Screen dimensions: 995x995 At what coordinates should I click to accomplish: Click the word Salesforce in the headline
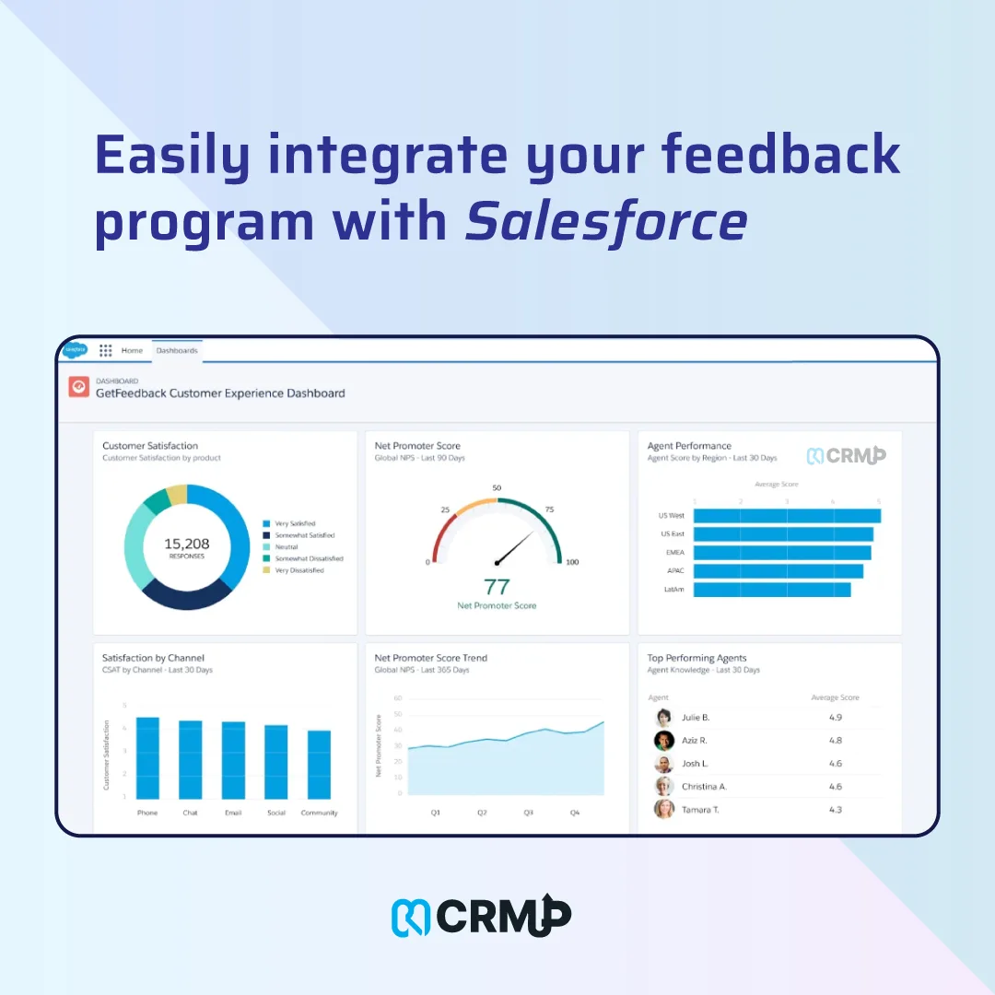605,222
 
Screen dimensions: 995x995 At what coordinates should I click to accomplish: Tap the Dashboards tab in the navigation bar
176,351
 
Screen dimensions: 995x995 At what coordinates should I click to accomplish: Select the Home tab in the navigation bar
132,351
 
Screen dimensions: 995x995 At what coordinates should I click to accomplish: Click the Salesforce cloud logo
76,350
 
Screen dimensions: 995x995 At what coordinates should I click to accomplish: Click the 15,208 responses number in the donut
186,544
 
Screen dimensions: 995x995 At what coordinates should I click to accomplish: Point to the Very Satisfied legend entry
295,523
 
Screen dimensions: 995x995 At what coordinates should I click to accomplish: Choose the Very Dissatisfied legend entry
298,570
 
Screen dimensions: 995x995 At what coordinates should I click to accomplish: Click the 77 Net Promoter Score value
497,586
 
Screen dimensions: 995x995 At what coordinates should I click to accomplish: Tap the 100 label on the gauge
572,562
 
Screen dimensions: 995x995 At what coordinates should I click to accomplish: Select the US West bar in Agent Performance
786,516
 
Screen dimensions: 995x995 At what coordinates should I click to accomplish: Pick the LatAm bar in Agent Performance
771,590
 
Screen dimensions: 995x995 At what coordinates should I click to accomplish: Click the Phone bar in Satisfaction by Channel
147,757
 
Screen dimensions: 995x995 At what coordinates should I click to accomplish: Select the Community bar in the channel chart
319,765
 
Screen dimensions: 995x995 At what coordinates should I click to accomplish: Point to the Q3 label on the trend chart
529,814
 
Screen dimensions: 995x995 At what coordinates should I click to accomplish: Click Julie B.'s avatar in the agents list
663,718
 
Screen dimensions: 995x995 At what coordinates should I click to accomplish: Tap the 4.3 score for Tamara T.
835,810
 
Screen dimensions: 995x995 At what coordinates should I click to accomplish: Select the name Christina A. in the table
704,787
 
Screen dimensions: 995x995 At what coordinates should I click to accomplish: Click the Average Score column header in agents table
834,697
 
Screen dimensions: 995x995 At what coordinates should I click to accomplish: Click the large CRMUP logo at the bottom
482,916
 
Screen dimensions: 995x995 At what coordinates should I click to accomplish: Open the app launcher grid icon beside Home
106,351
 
